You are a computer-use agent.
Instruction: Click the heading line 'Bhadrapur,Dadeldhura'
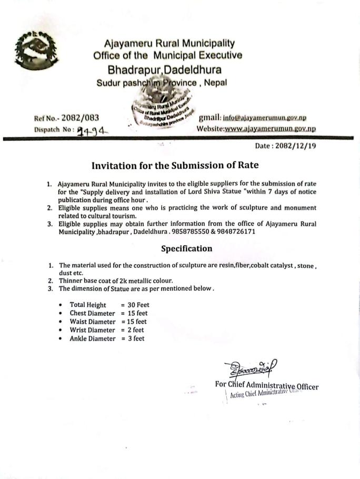(164, 69)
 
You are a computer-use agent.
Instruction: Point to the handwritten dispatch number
(90, 129)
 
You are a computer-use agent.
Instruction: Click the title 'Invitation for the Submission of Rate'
(175, 165)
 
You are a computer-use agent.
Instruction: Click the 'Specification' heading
(187, 248)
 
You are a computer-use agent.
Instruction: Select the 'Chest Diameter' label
(92, 313)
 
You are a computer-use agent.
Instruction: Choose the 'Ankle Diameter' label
(92, 338)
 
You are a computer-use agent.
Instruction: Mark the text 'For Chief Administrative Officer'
(267, 385)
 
